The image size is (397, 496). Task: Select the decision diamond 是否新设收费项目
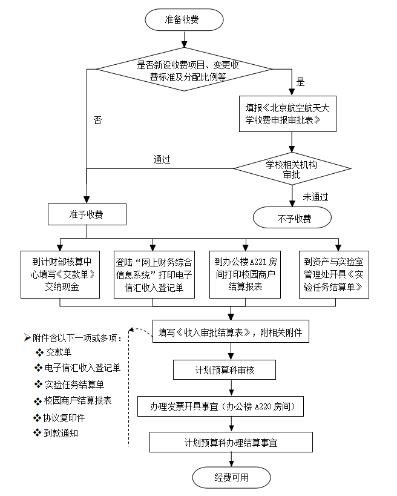[183, 70]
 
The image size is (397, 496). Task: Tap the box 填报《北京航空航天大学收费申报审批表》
[292, 114]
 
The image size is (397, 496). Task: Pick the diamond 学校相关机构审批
[292, 168]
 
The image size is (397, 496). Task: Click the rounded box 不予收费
[292, 218]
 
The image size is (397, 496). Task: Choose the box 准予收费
[87, 214]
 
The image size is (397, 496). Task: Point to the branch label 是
[300, 81]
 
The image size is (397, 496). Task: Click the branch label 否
[97, 120]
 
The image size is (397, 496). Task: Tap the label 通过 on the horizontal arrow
[162, 160]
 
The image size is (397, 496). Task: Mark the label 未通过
[315, 196]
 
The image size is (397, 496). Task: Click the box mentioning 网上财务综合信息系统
[154, 274]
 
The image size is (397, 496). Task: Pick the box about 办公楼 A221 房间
[246, 274]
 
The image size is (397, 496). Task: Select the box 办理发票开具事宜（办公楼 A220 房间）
[226, 406]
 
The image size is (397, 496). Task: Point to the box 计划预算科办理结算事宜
[231, 442]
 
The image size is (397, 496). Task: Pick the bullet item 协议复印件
[65, 417]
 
